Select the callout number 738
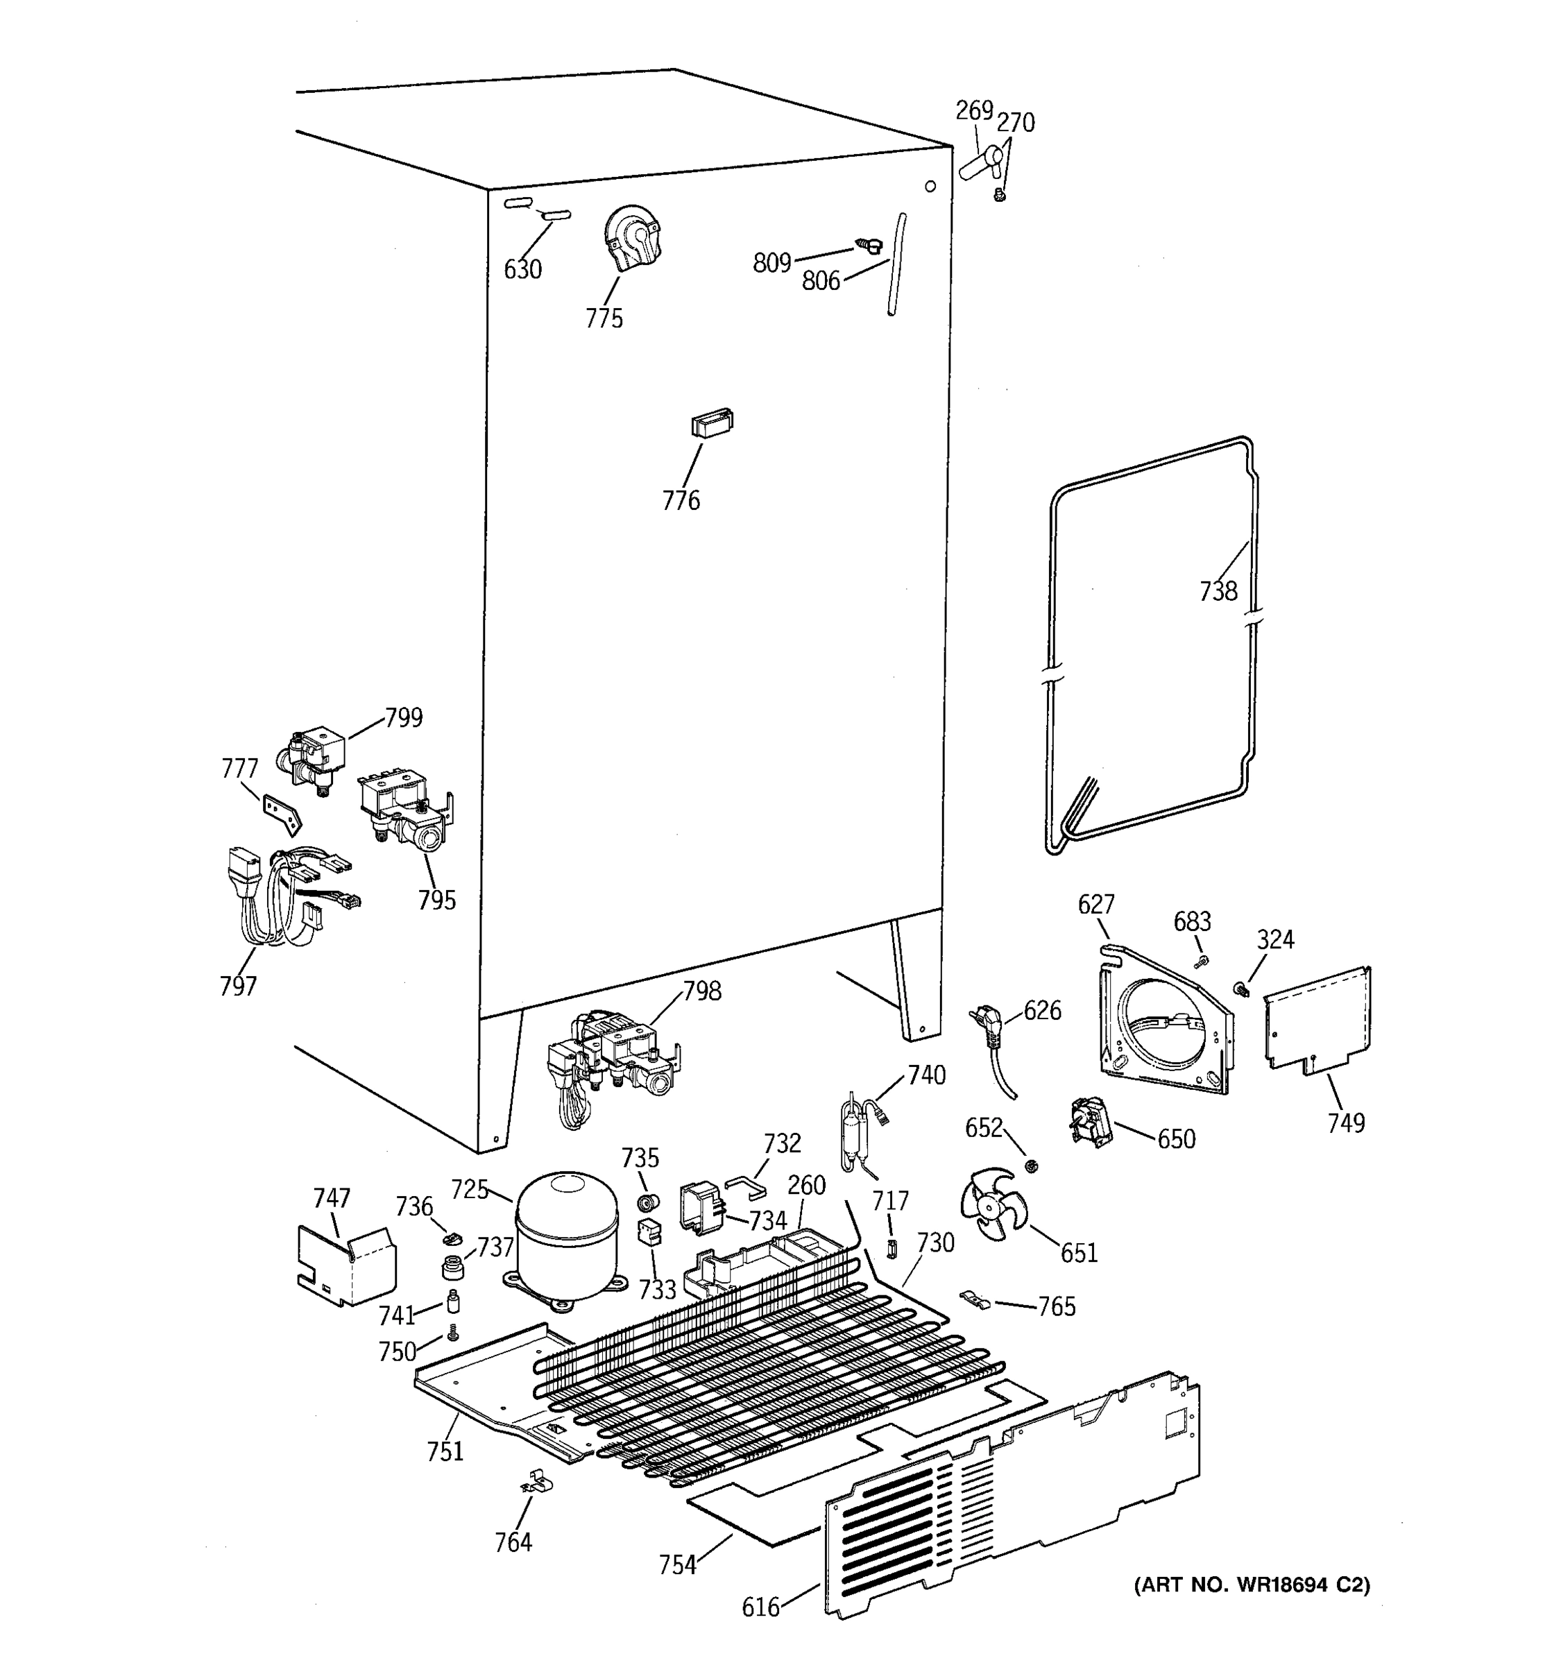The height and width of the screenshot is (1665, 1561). [x=1218, y=591]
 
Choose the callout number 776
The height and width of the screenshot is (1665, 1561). [x=681, y=501]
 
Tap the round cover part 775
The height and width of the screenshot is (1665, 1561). [x=632, y=238]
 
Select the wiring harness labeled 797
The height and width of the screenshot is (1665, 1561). [x=276, y=896]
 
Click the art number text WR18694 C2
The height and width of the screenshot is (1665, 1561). [x=1252, y=1585]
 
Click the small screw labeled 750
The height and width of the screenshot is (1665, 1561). [x=453, y=1331]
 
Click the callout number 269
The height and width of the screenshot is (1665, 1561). [x=974, y=110]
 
